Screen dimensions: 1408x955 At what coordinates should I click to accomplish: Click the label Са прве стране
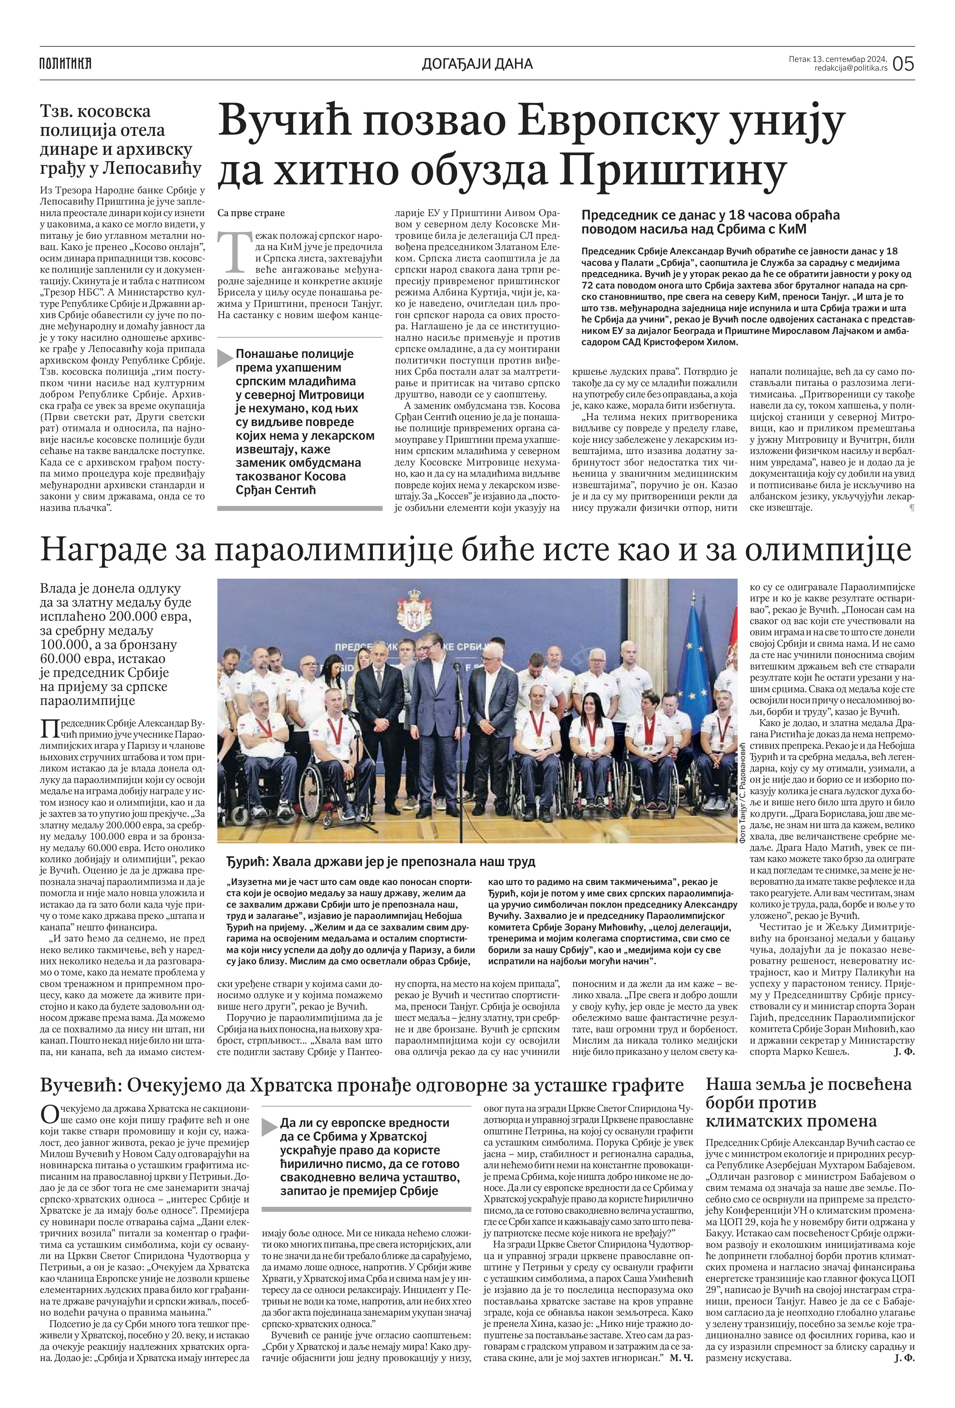point(250,213)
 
